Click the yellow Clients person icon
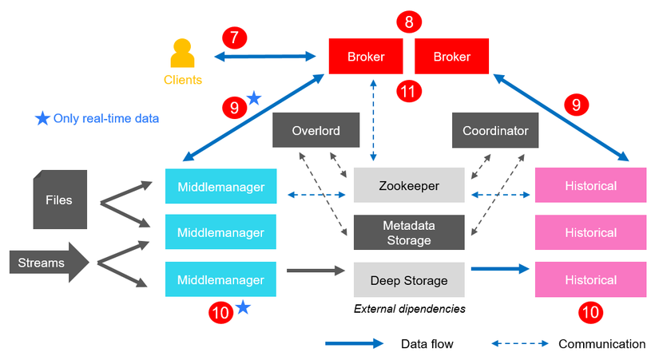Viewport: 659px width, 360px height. (x=183, y=55)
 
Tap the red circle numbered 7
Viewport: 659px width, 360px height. (x=234, y=38)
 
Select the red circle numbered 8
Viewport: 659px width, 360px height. (x=409, y=22)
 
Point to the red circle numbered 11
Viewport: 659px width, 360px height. (x=409, y=91)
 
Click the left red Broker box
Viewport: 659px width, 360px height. (x=366, y=57)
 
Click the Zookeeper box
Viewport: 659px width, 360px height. (x=409, y=185)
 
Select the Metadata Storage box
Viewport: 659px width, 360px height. (x=409, y=232)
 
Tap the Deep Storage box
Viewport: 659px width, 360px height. (x=409, y=280)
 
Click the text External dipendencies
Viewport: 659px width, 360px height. (x=409, y=308)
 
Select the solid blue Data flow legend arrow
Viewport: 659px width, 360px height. (x=354, y=344)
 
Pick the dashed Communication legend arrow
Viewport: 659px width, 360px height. (x=520, y=344)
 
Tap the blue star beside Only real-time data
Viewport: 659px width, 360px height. (x=42, y=119)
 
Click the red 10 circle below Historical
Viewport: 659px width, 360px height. (x=591, y=313)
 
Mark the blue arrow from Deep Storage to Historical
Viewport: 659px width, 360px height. (x=500, y=270)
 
